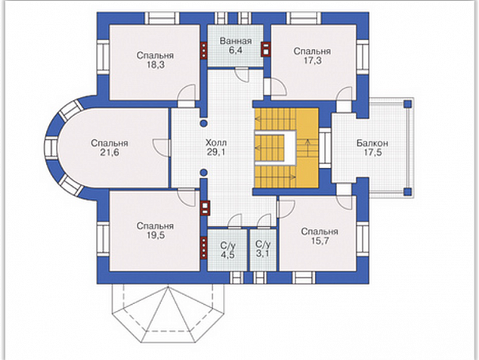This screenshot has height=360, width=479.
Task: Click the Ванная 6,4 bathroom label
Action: click(236, 45)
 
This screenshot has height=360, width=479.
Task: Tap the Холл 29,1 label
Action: click(216, 147)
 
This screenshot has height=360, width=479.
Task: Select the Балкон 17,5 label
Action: click(372, 147)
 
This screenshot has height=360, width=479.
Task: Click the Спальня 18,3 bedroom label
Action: click(155, 60)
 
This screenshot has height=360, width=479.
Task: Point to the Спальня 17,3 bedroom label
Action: click(312, 55)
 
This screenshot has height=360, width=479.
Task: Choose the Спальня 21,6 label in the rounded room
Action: click(110, 147)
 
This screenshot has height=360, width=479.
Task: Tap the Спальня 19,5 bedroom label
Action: click(155, 231)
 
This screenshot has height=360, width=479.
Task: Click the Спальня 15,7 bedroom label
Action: click(320, 236)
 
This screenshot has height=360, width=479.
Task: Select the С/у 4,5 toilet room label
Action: click(228, 250)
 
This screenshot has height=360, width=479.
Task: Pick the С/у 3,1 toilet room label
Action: click(263, 249)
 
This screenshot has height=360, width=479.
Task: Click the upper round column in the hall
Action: click(203, 123)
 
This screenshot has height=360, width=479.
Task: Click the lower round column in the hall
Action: click(203, 172)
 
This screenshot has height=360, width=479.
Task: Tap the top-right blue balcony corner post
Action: click(407, 104)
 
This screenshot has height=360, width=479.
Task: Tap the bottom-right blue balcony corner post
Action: click(407, 192)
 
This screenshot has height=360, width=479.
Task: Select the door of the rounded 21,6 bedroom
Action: click(161, 147)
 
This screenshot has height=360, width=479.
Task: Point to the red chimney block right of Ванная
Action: click(266, 49)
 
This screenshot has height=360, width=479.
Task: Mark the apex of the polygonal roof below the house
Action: click(168, 287)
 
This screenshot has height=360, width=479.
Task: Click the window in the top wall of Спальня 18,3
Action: click(162, 18)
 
